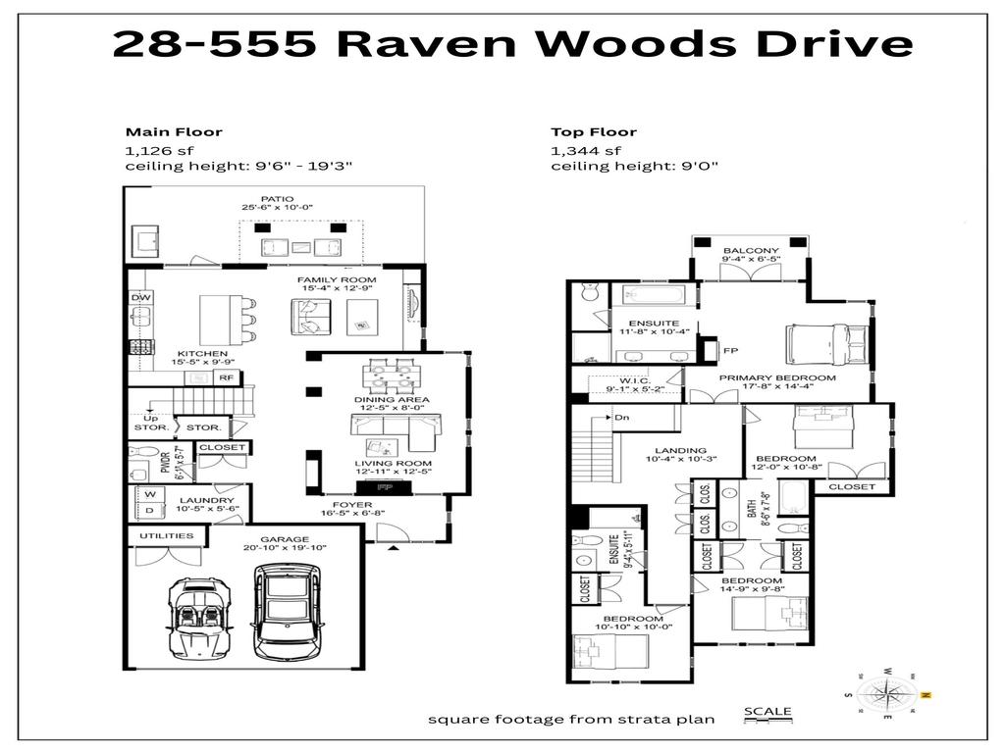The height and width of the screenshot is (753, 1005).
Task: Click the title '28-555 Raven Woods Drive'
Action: pos(511,44)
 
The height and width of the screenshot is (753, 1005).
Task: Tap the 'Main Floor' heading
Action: pos(173,131)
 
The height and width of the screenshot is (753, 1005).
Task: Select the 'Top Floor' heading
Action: pos(593,131)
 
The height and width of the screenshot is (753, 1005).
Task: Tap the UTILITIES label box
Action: pos(166,536)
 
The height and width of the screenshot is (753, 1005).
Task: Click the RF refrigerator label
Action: pos(225,376)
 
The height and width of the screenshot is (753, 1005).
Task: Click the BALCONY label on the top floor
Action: pos(751,252)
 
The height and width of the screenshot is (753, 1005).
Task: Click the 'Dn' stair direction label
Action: pos(622,418)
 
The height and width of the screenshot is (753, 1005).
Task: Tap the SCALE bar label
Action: pos(767,711)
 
